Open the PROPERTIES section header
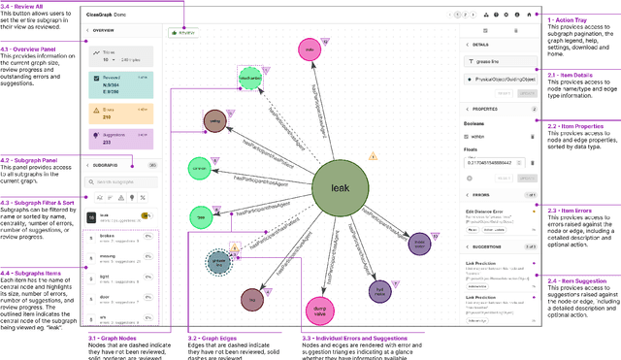[x=490, y=109]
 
